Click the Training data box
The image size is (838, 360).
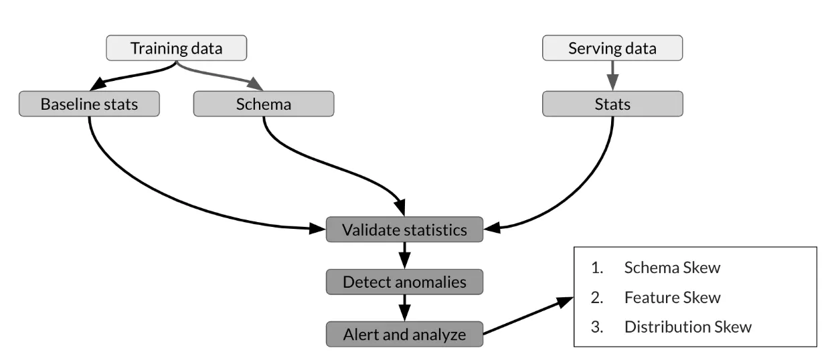177,48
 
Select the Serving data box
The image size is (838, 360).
612,48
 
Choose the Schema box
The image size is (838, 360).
263,104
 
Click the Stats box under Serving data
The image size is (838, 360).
612,104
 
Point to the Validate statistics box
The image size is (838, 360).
404,230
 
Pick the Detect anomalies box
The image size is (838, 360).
404,282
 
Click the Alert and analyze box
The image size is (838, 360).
404,334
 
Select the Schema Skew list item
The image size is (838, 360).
672,268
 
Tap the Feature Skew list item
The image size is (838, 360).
672,297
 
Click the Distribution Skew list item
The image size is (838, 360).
687,327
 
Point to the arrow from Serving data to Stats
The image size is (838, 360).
612,75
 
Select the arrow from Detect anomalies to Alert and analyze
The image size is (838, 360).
404,308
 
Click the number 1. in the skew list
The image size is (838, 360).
596,268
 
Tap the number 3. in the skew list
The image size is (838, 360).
596,327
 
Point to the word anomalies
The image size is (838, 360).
430,282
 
